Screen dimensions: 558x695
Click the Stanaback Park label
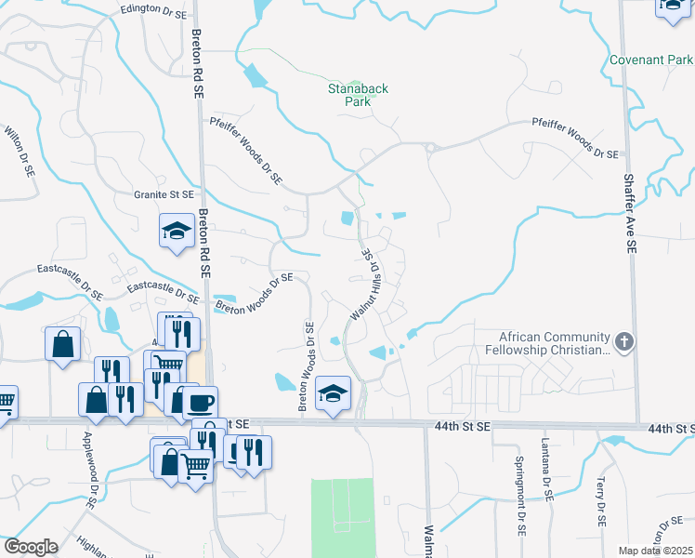[x=358, y=95]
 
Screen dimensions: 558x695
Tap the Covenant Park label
[x=651, y=60]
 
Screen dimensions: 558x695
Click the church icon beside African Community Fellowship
[x=624, y=342]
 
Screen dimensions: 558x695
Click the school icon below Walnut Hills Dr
[x=333, y=392]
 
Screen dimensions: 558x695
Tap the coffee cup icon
[x=200, y=402]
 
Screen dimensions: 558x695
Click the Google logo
[x=31, y=547]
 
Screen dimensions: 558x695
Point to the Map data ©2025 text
[x=655, y=551]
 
